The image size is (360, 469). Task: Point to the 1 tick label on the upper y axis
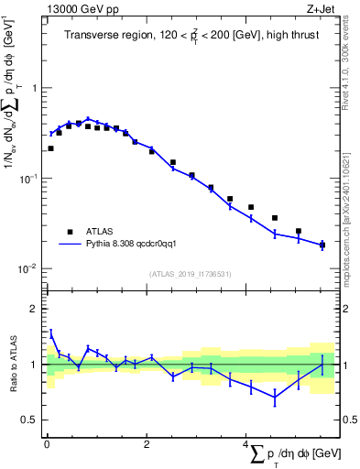point(34,88)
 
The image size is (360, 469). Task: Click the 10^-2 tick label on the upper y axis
point(29,268)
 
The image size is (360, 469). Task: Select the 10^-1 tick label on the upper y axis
point(29,179)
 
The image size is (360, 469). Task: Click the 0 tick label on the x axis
point(47,445)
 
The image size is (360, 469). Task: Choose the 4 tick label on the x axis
point(245,445)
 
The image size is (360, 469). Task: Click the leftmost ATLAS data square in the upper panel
point(50,148)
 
